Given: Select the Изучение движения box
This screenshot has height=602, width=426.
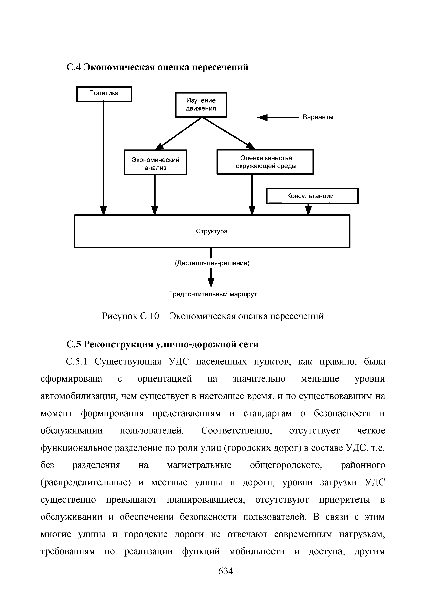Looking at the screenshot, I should click(x=201, y=104).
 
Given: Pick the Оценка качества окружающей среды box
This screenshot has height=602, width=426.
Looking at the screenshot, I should click(x=265, y=162).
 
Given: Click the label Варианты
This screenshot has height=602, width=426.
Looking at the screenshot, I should click(x=318, y=117).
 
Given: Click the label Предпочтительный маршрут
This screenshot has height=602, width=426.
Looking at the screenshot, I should click(x=212, y=294).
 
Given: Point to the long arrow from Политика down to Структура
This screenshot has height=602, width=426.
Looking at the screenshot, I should click(x=104, y=157).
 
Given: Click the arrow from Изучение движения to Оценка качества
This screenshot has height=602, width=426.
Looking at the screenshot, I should click(x=228, y=133).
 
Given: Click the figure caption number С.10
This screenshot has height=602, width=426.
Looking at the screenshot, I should click(x=150, y=316).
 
